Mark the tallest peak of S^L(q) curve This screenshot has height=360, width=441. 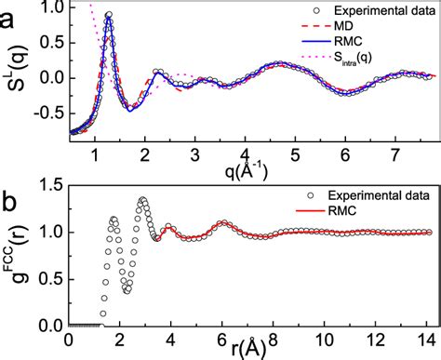pos(109,15)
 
